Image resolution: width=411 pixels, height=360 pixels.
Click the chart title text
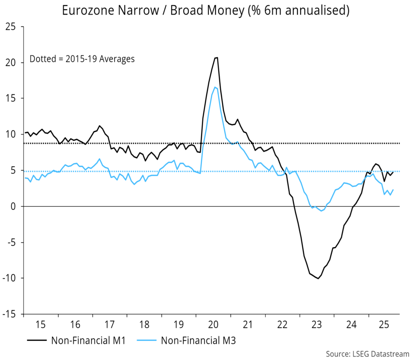pos(205,11)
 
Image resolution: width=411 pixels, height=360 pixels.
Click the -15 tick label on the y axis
pos(11,314)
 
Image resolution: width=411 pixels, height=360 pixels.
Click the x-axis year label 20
pos(213,324)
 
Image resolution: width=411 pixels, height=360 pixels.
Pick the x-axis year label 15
pos(41,324)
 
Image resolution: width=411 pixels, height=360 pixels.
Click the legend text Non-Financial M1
pos(89,341)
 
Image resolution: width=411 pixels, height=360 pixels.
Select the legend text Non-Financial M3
pos(198,341)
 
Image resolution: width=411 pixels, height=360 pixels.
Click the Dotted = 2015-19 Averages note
pos(82,59)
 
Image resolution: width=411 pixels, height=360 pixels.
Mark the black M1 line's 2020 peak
pos(216,58)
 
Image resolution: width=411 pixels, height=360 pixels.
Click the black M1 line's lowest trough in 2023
pos(318,278)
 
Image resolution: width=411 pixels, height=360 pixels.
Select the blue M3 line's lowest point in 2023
pos(321,211)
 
